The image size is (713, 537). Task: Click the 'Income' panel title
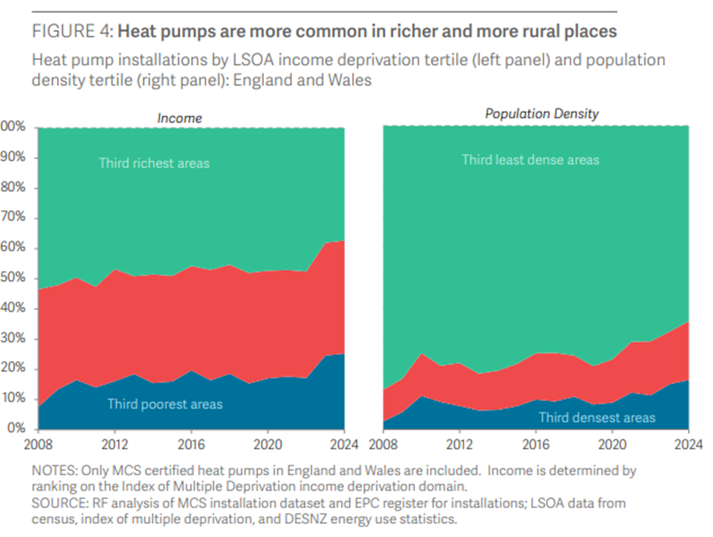click(180, 118)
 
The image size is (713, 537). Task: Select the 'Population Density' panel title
click(542, 114)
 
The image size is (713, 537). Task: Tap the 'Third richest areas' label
click(154, 162)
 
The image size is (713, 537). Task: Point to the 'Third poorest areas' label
click(165, 404)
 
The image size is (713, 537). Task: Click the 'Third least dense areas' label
click(530, 159)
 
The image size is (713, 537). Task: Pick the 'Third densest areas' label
click(597, 417)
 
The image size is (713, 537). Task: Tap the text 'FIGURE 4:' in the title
click(72, 32)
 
